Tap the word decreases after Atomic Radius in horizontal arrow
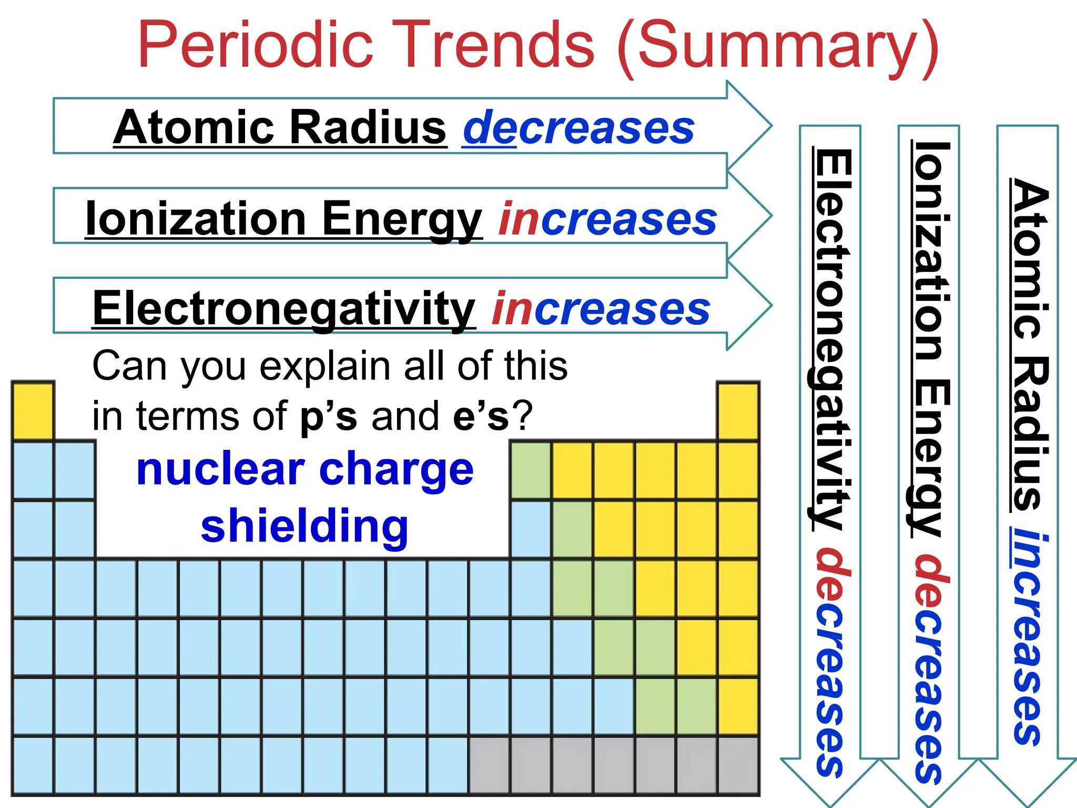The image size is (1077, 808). tap(578, 128)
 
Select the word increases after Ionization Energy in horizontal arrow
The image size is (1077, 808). tap(608, 218)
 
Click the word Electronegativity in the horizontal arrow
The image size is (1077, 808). tap(284, 309)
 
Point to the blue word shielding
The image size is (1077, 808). tap(304, 526)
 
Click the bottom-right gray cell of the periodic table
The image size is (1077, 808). tap(738, 765)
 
